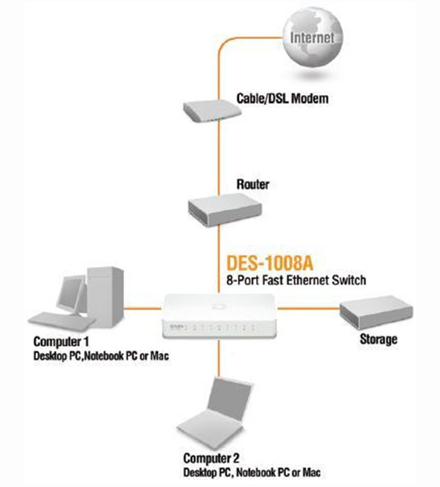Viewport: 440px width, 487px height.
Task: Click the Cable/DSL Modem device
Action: pos(213,112)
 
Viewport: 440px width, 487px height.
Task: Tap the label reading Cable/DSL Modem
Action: pos(282,98)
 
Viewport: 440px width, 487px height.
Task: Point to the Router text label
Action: pos(253,184)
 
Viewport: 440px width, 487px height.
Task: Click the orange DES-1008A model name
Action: pos(269,263)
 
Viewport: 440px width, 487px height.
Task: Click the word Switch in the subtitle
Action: pos(349,280)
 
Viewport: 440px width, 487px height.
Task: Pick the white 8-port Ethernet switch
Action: pos(219,317)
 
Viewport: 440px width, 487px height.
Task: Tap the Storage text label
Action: pos(379,339)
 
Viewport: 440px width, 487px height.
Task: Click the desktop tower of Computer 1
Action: pos(105,297)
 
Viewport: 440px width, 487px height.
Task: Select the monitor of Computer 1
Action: pos(71,295)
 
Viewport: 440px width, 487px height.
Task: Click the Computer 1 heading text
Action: pos(61,342)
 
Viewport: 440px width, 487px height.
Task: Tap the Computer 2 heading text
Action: pos(211,458)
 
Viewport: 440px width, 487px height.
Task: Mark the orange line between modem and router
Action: pos(219,158)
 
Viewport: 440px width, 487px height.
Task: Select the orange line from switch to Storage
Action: pos(309,309)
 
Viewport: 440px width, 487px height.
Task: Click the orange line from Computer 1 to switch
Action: pos(143,309)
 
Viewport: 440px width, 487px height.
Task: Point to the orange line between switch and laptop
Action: pos(219,359)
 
